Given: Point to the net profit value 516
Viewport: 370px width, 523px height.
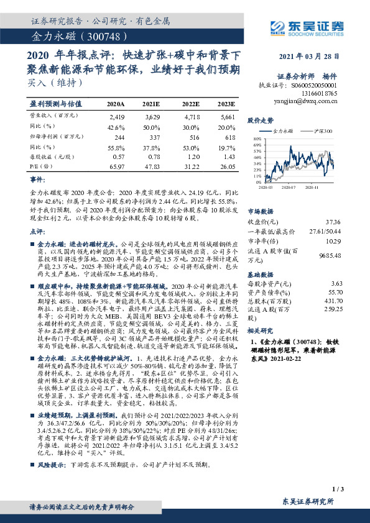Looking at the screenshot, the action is coord(193,137).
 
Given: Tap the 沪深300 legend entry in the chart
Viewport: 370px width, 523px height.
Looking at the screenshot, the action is coord(323,132).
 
